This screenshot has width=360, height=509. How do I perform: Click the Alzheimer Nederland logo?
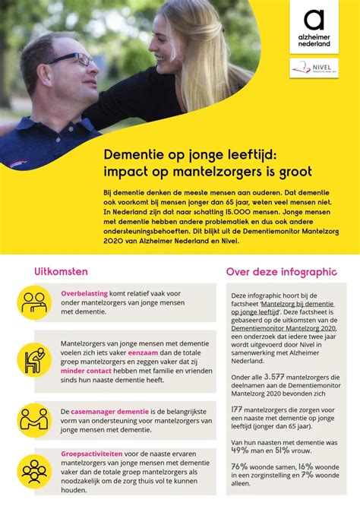pos(313,28)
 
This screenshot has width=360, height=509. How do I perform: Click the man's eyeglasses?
pos(72,59)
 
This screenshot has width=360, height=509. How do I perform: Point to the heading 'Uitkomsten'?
pos(61,271)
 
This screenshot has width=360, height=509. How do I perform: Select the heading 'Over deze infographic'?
pos(281,272)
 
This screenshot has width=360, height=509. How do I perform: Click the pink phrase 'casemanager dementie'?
pos(115,410)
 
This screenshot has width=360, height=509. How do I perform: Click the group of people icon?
pos(33,472)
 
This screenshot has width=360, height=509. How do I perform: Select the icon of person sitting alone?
pos(33,361)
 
